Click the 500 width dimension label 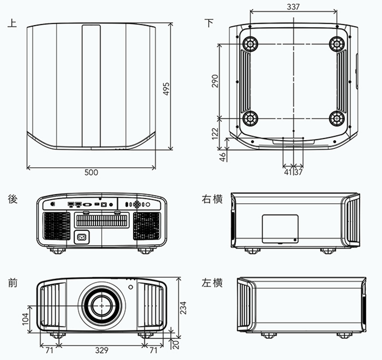(91, 173)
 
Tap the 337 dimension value (294, 6)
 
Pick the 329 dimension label (101, 351)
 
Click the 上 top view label (12, 23)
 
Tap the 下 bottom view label (210, 23)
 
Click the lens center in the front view (102, 306)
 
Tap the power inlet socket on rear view (80, 237)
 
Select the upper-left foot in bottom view (250, 44)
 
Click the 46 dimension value (223, 156)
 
